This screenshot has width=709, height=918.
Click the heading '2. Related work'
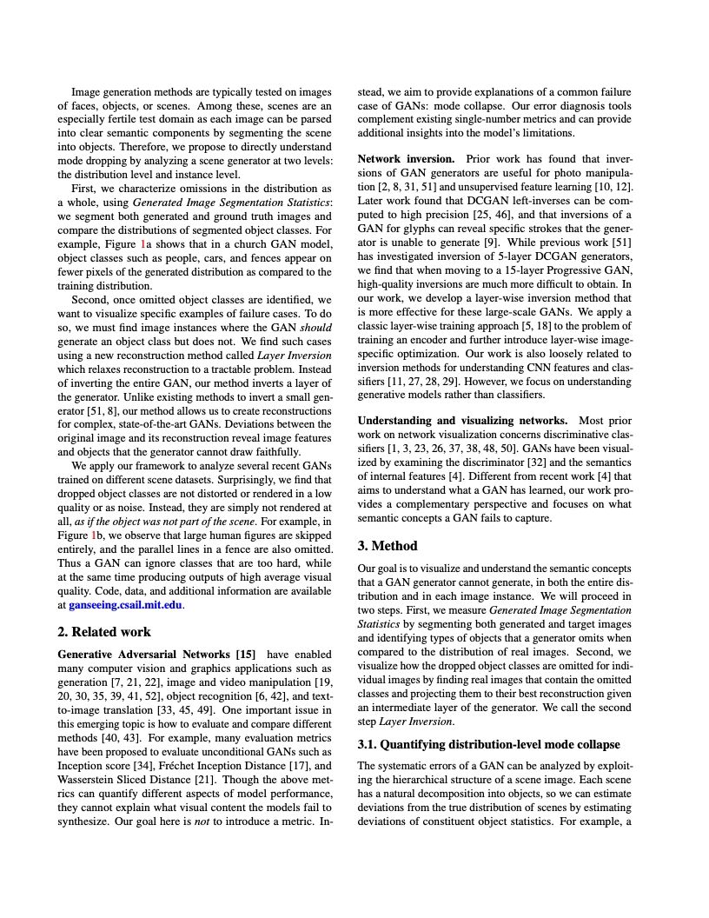click(104, 632)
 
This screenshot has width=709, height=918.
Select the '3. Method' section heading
click(388, 546)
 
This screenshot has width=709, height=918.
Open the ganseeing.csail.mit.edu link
click(126, 605)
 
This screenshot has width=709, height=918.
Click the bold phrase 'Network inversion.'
click(406, 159)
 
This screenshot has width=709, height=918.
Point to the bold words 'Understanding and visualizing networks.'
click(462, 421)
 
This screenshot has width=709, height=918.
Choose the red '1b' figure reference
click(96, 535)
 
